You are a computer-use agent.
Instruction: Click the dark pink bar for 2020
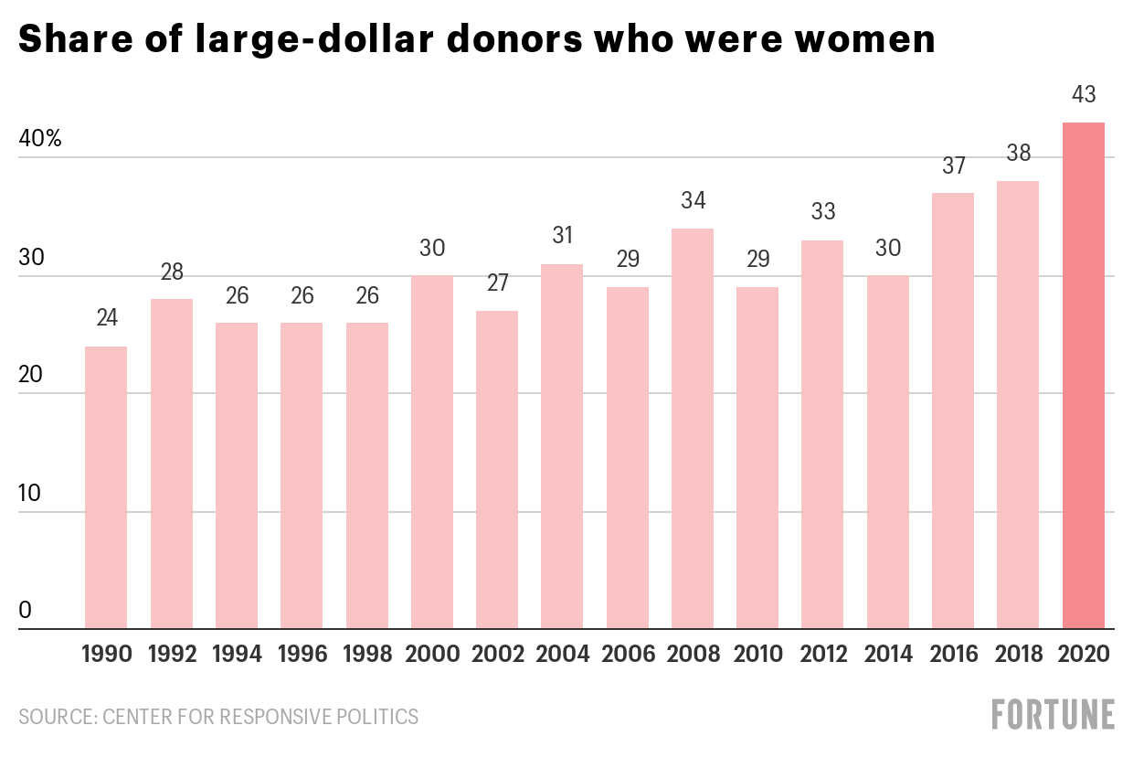pos(1083,376)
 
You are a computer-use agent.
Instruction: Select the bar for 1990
pos(106,487)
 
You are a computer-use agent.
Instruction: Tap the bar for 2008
pos(693,429)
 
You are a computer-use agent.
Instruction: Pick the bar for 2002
pos(497,470)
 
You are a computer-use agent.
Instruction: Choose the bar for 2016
pos(953,411)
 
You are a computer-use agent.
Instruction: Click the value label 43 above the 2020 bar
pos(1083,94)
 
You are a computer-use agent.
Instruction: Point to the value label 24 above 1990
pos(106,319)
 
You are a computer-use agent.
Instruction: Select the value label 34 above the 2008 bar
pos(693,201)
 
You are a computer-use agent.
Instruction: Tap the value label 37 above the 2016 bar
pos(953,165)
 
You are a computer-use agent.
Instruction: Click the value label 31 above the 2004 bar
pos(562,236)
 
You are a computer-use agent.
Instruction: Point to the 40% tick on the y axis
pos(39,140)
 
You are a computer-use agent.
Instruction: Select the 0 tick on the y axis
pos(25,611)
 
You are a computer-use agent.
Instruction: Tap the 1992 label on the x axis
pos(172,655)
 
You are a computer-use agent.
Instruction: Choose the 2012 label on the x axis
pos(823,655)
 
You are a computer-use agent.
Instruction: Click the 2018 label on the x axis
pos(1018,655)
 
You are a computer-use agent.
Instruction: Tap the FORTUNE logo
pos(1054,715)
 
